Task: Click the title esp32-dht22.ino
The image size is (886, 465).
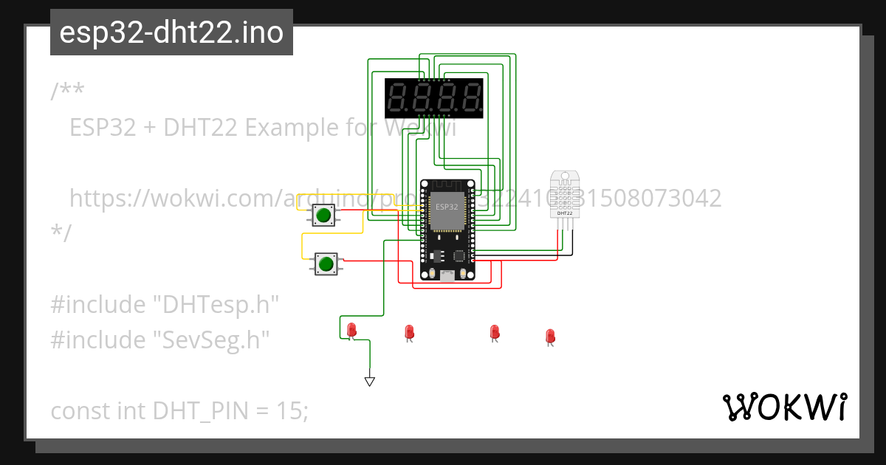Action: click(x=171, y=32)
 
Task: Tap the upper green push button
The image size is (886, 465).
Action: click(x=323, y=216)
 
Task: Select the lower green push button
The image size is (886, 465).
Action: click(x=326, y=263)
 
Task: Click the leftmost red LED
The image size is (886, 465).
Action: click(x=351, y=329)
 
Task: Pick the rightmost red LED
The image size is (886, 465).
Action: click(x=549, y=337)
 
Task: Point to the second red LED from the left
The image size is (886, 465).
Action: click(x=408, y=333)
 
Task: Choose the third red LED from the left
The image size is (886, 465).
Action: click(x=494, y=333)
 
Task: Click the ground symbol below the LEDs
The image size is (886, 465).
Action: click(x=370, y=382)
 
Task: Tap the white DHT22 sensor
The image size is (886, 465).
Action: click(x=565, y=194)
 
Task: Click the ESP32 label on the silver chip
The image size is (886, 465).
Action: click(x=446, y=206)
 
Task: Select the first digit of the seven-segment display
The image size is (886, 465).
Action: click(x=399, y=97)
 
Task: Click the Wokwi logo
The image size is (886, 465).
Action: click(x=785, y=407)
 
